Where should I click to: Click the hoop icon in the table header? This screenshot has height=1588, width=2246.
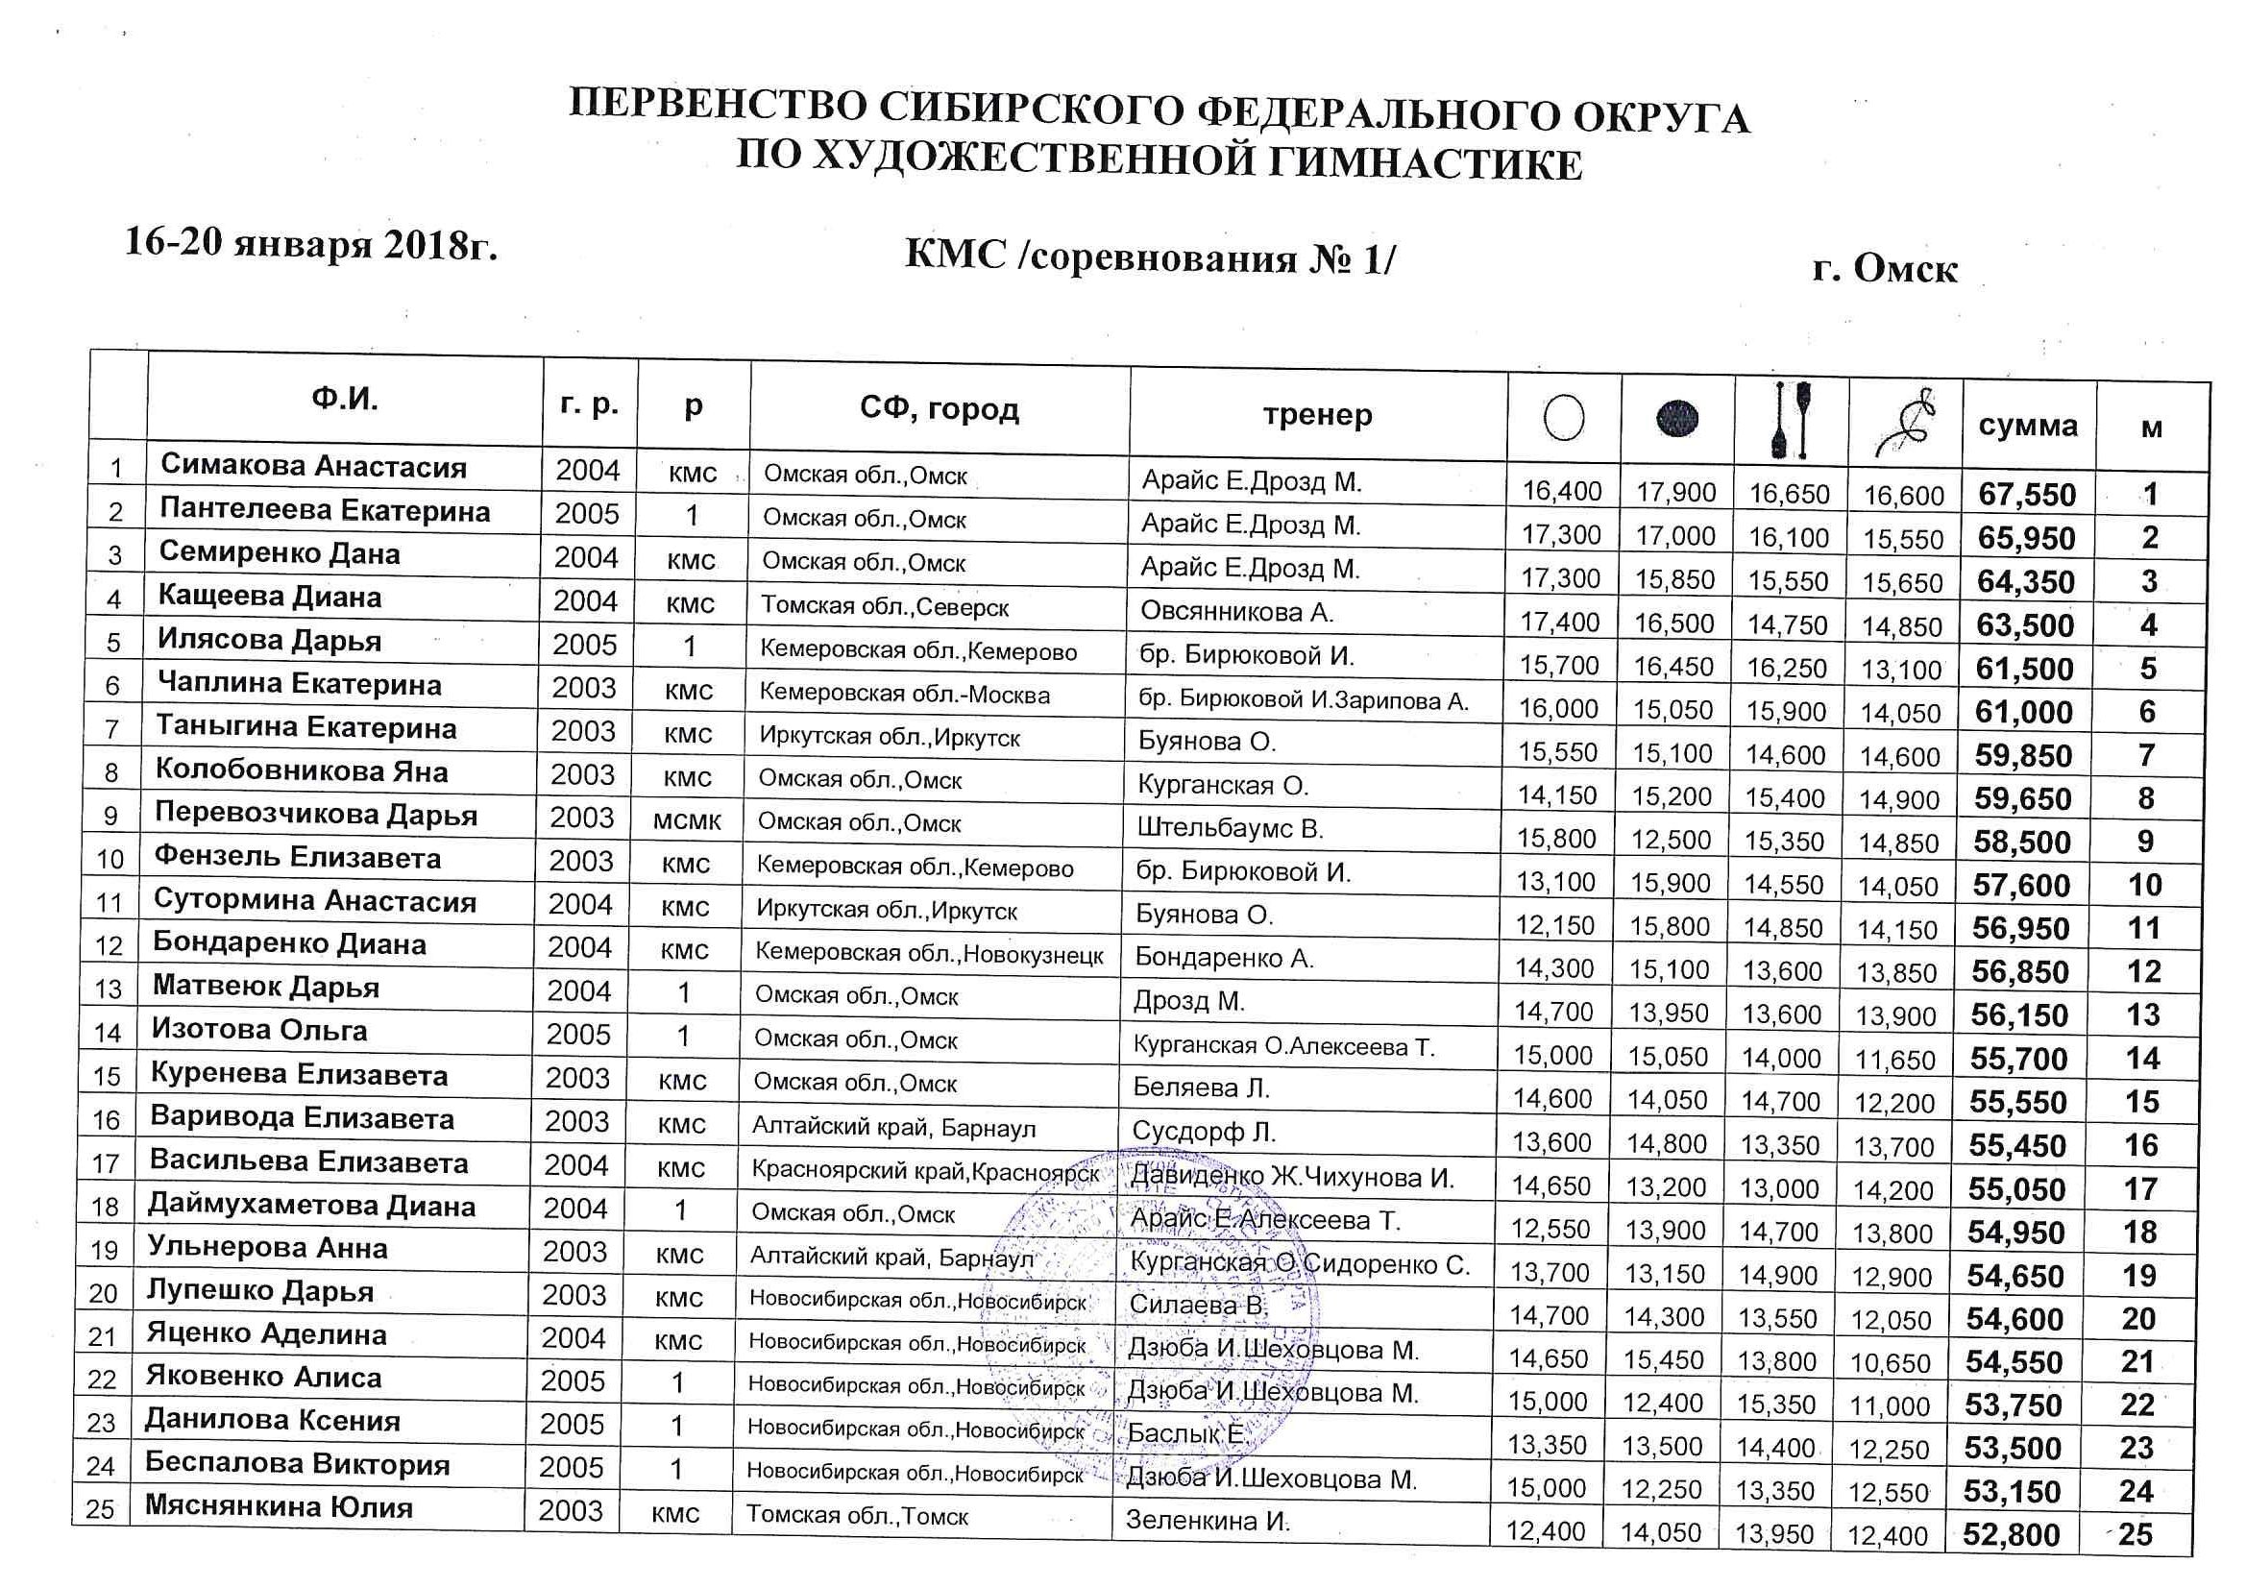(x=1563, y=418)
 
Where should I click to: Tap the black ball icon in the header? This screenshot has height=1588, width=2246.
(x=1677, y=420)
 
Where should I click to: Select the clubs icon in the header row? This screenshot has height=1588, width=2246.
(x=1791, y=421)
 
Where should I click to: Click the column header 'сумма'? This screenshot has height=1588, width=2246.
(x=2028, y=426)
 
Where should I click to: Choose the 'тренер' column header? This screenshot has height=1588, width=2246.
(x=1317, y=415)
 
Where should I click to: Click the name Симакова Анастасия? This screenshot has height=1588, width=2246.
(x=313, y=466)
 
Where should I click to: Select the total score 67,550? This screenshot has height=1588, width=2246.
(x=2027, y=495)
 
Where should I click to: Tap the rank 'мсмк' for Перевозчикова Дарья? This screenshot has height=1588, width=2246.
(x=687, y=819)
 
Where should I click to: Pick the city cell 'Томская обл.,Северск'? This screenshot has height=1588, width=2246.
(x=886, y=606)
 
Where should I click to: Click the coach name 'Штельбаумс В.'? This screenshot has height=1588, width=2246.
(x=1230, y=829)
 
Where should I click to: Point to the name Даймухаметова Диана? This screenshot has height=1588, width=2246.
(x=311, y=1206)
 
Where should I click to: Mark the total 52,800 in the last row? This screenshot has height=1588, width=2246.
(x=2012, y=1535)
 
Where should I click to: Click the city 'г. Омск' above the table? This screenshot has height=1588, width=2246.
(x=1884, y=268)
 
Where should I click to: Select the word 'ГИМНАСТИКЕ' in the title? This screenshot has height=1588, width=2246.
(x=1425, y=162)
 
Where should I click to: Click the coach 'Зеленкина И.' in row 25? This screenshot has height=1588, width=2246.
(x=1208, y=1521)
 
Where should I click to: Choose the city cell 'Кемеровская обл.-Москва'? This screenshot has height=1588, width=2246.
(x=905, y=695)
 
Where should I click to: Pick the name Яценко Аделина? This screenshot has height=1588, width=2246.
(x=266, y=1333)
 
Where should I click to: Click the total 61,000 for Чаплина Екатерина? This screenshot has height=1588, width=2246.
(x=2023, y=712)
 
